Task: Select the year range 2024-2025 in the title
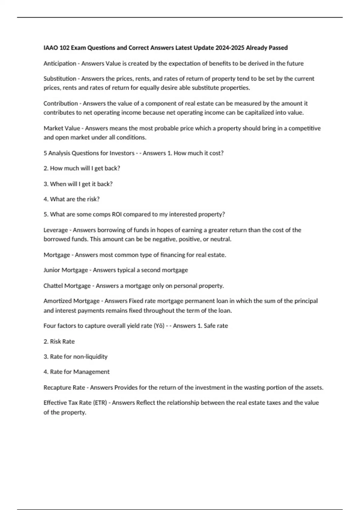click(230, 48)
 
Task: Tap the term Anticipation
click(60, 63)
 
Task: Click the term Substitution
click(60, 79)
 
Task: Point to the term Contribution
click(61, 103)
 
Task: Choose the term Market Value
click(62, 128)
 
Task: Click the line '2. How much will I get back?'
click(82, 168)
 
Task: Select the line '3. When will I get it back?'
click(78, 184)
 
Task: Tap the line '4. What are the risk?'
click(71, 199)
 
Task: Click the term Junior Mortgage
click(66, 270)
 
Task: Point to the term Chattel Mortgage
click(67, 286)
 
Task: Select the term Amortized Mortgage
click(71, 301)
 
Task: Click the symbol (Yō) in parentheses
click(159, 326)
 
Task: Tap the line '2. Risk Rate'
click(59, 341)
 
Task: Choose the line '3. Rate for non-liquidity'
click(75, 357)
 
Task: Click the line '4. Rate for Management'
click(76, 372)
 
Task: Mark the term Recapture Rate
click(64, 388)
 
